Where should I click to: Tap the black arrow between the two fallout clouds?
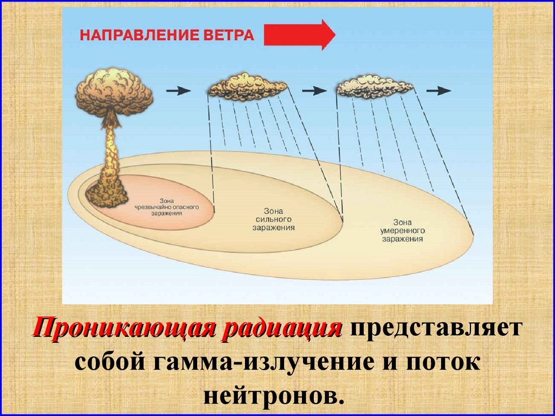tap(312, 90)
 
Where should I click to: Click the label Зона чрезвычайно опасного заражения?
tap(167, 206)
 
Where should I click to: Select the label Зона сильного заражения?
tap(274, 219)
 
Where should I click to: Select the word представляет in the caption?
tap(434, 329)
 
